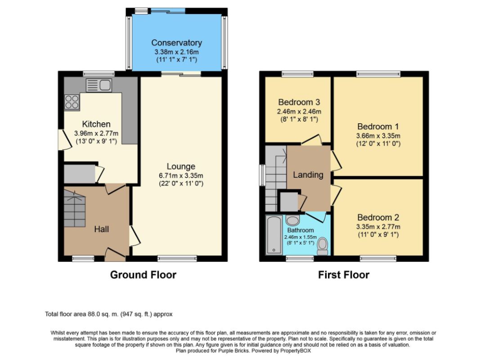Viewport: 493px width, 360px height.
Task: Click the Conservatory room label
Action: click(x=176, y=43)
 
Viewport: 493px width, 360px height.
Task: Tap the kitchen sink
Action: click(x=99, y=85)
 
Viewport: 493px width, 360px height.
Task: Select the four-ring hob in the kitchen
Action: click(x=72, y=102)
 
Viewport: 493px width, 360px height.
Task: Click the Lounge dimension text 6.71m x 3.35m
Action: click(x=181, y=175)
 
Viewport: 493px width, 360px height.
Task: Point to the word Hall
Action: click(x=102, y=229)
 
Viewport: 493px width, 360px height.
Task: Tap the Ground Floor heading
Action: click(x=143, y=275)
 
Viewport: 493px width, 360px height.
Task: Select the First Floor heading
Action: click(x=344, y=275)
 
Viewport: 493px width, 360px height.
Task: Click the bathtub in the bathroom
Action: click(x=274, y=234)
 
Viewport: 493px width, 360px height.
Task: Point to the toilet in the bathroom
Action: click(x=323, y=246)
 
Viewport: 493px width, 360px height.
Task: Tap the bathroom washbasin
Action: click(x=293, y=220)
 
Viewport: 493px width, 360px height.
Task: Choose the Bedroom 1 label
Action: click(x=378, y=126)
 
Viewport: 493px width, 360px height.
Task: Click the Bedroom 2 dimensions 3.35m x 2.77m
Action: click(x=378, y=227)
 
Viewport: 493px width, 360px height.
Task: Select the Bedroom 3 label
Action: click(x=299, y=102)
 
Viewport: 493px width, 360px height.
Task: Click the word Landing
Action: click(x=308, y=175)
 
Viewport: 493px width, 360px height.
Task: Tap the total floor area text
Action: click(x=109, y=314)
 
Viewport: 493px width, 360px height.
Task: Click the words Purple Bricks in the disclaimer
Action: click(x=233, y=351)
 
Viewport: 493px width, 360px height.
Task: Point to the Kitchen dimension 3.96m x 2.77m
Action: click(x=96, y=133)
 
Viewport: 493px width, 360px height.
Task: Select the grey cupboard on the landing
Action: click(x=289, y=202)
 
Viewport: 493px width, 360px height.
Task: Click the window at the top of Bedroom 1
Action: click(x=378, y=74)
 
